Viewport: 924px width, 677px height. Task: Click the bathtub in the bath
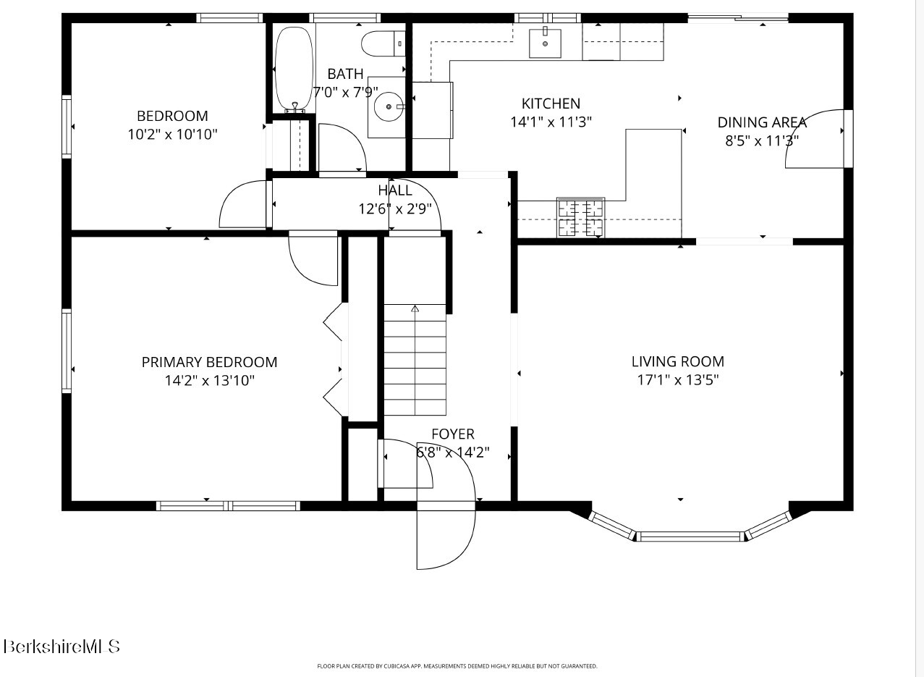(x=294, y=69)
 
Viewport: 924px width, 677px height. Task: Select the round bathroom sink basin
(x=388, y=106)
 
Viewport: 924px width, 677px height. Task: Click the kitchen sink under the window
(x=545, y=43)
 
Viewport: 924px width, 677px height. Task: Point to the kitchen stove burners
(x=580, y=217)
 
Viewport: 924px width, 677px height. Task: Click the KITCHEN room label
(x=551, y=104)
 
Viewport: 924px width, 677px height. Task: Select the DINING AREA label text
(x=762, y=122)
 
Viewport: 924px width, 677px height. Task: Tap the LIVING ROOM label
(x=678, y=361)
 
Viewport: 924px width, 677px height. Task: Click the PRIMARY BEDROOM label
(x=210, y=363)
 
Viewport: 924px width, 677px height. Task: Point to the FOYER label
(x=453, y=434)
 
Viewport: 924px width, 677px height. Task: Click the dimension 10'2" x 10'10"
(x=172, y=135)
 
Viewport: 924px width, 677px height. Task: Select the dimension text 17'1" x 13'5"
(x=678, y=380)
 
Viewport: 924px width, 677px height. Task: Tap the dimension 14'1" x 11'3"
(x=551, y=122)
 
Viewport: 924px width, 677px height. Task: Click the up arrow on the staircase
(x=415, y=308)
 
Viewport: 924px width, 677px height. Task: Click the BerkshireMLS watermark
(x=62, y=647)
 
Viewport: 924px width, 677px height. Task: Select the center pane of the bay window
(x=690, y=537)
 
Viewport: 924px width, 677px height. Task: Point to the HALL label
(x=395, y=190)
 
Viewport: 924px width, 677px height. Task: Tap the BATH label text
(x=345, y=75)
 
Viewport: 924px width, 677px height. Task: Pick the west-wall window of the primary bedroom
(x=67, y=351)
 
